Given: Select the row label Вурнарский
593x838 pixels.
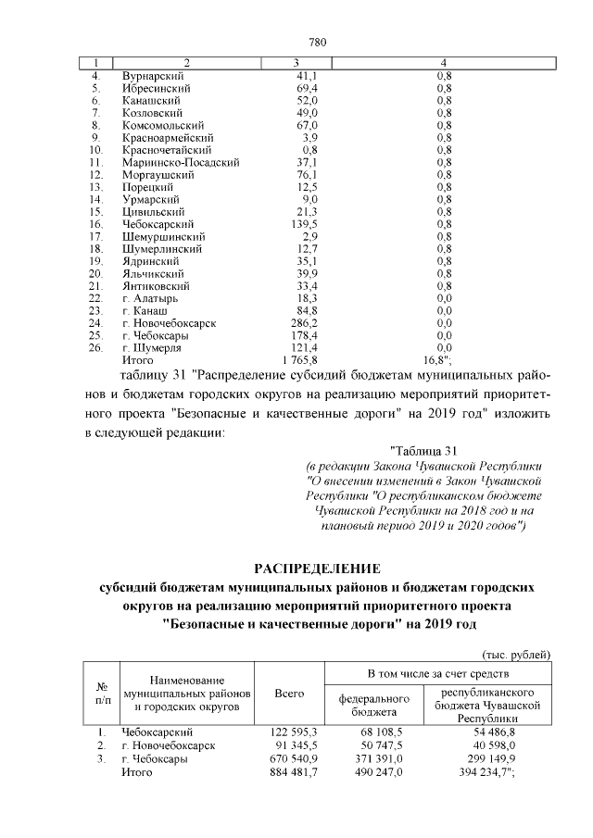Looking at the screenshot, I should pos(154,75).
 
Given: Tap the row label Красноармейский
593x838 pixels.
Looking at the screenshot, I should pos(168,137).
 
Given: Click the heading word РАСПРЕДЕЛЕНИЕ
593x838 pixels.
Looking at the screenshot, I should pos(317,568).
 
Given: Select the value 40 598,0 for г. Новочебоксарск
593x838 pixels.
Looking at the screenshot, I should pos(484,746).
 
